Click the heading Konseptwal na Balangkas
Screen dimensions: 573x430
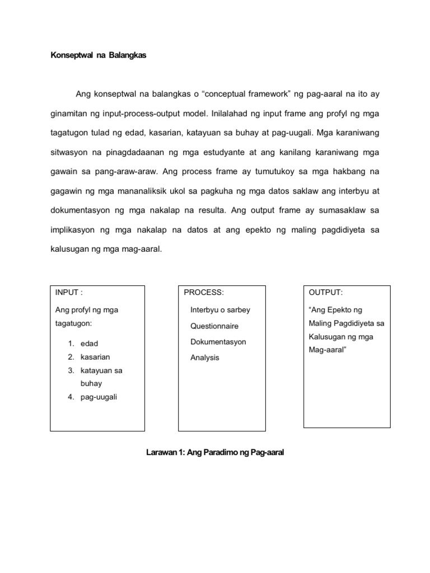tap(98, 57)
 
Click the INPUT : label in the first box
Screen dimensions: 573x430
tap(69, 292)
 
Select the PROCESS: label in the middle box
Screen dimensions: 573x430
tap(204, 292)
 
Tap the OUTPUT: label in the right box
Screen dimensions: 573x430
tap(326, 292)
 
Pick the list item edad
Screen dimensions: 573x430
tap(90, 343)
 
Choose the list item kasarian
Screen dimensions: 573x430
tap(95, 356)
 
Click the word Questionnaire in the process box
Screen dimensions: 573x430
tap(214, 326)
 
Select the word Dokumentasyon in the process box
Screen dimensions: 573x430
tap(218, 341)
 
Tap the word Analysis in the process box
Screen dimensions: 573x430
tap(205, 358)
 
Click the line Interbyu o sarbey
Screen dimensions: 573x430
tap(221, 309)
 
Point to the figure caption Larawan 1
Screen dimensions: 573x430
tap(215, 453)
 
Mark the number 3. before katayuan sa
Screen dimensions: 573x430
tap(71, 370)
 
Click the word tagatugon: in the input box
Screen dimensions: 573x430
tap(73, 324)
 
